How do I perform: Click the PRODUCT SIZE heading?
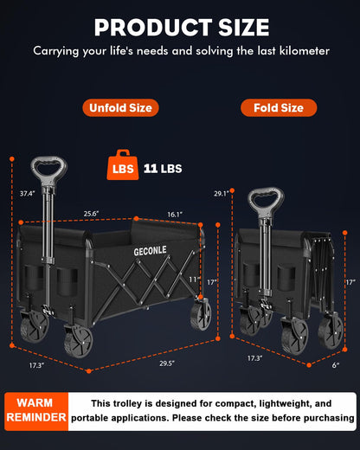[182, 28]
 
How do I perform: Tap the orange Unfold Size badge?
[120, 108]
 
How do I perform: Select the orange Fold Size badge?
[279, 108]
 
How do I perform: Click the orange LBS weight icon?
[123, 165]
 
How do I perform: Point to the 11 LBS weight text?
[163, 169]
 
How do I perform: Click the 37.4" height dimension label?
[27, 193]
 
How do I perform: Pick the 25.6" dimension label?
[91, 214]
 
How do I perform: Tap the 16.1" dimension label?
[175, 215]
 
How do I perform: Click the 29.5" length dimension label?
[167, 363]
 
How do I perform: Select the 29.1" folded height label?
[222, 194]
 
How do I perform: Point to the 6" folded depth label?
[336, 365]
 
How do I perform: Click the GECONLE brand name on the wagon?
[150, 251]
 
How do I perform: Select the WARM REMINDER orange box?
[36, 411]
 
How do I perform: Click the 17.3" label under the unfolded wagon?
[36, 365]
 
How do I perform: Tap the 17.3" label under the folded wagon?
[255, 358]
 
